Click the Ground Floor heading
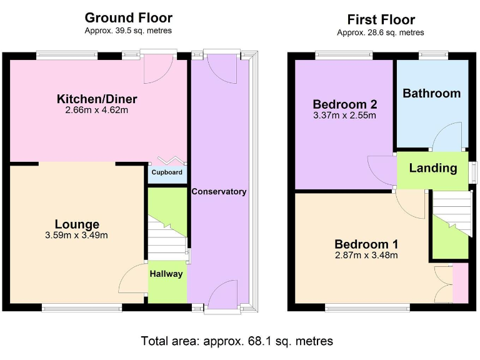[128, 17]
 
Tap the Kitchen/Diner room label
[97, 99]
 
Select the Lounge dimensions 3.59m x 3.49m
[77, 236]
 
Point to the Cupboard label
[167, 172]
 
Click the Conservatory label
[219, 191]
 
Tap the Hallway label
[167, 274]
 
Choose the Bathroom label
[431, 93]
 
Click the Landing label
[432, 167]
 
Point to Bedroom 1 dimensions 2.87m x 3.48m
[366, 255]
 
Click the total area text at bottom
[237, 341]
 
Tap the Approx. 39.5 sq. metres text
[128, 31]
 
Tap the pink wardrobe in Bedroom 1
[460, 283]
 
